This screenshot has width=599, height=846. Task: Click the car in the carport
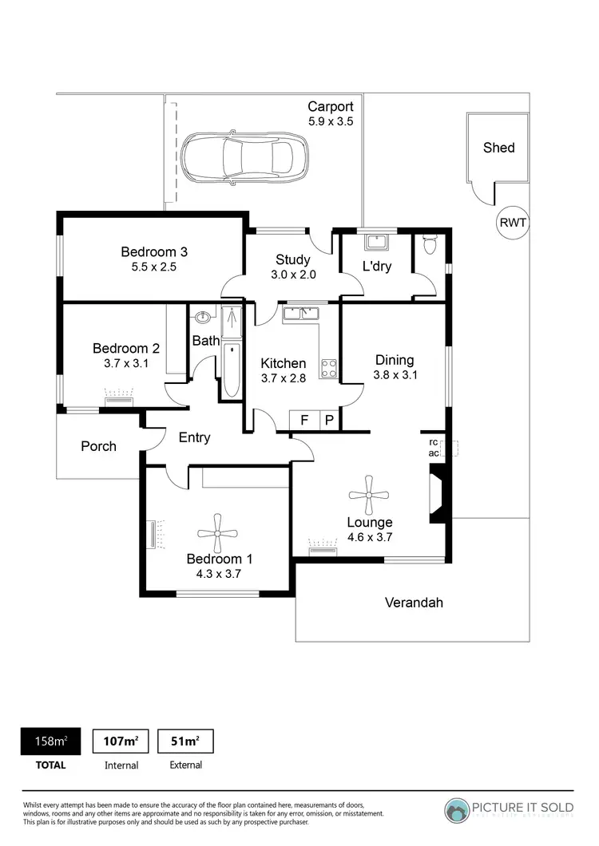click(244, 157)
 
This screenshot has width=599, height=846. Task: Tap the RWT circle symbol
click(512, 223)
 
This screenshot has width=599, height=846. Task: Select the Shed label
click(498, 148)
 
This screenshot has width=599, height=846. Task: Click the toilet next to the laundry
click(430, 244)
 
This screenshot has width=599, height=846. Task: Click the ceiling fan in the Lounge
click(368, 495)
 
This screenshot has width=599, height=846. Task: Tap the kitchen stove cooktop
click(327, 368)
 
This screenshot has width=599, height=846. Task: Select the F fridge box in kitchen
click(303, 421)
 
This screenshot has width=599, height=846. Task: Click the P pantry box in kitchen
click(329, 421)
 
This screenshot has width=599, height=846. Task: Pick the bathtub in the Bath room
click(231, 370)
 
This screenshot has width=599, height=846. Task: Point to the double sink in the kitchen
click(300, 312)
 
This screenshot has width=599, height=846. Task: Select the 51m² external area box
click(185, 741)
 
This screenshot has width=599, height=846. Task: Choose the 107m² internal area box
click(121, 741)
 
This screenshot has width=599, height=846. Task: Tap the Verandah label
click(414, 603)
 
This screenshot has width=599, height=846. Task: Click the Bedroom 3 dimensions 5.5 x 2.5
click(154, 267)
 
